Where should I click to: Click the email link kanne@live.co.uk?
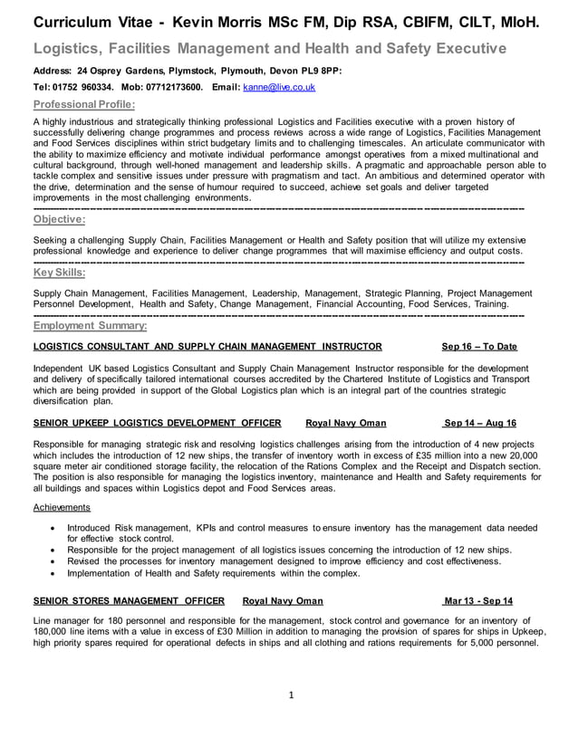(x=278, y=87)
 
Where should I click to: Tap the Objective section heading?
(x=59, y=218)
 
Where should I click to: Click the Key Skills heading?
(x=59, y=272)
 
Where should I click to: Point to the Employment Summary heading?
(x=90, y=325)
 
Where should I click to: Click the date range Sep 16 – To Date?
(x=479, y=346)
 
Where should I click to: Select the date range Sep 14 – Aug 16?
(x=479, y=423)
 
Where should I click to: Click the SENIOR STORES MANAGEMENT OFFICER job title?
(x=129, y=600)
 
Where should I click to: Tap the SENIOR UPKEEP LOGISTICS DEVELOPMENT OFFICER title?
(x=157, y=423)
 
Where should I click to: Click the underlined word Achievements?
(x=62, y=507)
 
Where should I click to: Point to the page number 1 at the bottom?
(x=291, y=696)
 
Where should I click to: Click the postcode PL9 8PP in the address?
(x=317, y=70)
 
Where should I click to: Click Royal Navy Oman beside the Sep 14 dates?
(x=346, y=423)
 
